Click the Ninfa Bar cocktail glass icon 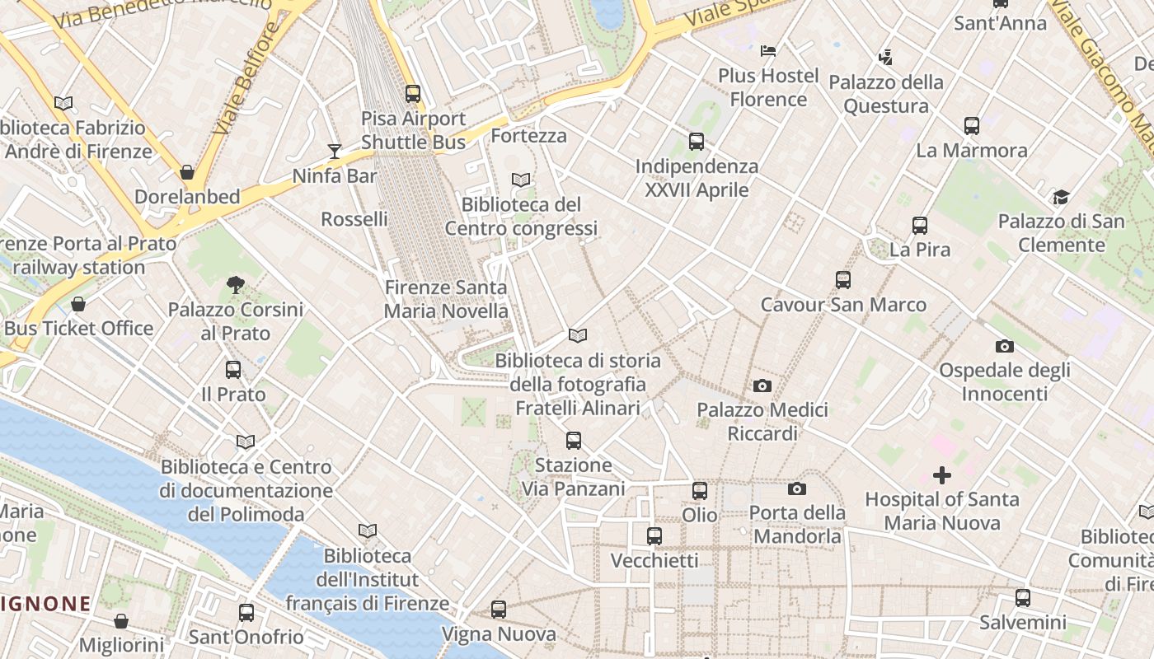tap(334, 151)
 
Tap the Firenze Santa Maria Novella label tap(446, 300)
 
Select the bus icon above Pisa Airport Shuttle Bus tap(413, 94)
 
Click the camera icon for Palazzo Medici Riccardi tap(762, 386)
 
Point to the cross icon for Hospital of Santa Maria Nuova tap(941, 475)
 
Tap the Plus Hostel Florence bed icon tap(768, 51)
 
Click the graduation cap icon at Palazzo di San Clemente tap(1061, 198)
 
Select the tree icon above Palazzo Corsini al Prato tap(236, 286)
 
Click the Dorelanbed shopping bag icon tap(187, 172)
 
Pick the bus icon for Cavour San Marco tap(842, 280)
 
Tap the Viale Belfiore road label tap(246, 80)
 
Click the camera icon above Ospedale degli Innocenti tap(1004, 346)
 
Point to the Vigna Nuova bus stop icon tap(499, 610)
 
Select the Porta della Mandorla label tap(797, 525)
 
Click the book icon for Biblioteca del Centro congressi tap(521, 180)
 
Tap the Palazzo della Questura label tap(886, 94)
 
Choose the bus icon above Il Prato tap(233, 370)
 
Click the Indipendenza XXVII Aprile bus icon tap(697, 142)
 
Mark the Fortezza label tap(528, 135)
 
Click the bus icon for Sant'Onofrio tap(246, 613)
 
